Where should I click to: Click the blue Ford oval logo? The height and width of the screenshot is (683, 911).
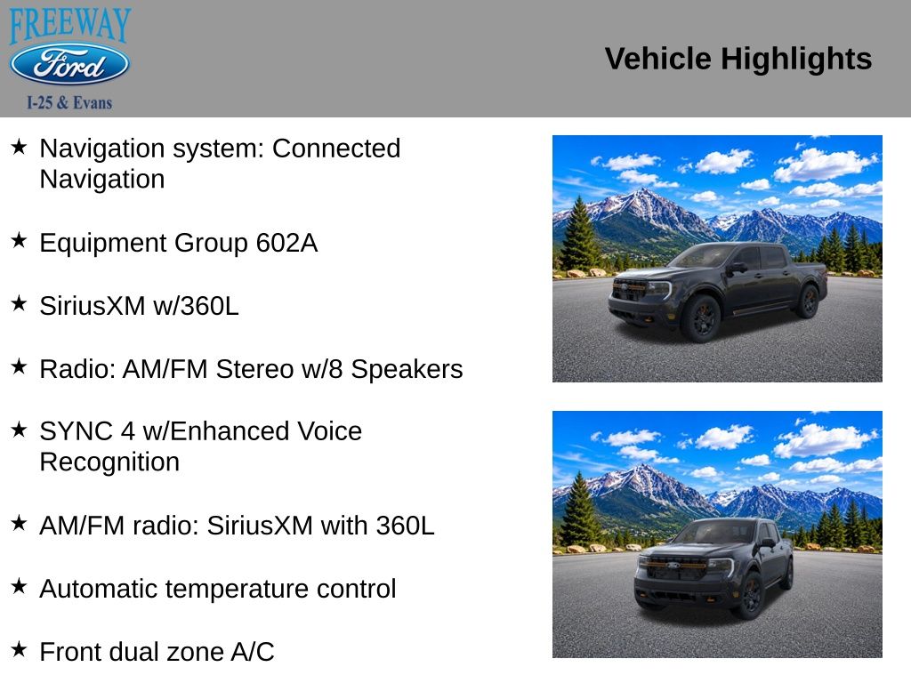pos(69,64)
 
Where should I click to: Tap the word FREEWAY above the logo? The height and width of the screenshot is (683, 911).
pos(69,25)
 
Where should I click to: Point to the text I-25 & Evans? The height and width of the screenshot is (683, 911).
pos(69,103)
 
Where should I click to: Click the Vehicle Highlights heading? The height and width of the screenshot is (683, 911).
pos(738,59)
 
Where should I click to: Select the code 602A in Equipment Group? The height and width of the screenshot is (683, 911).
pos(286,243)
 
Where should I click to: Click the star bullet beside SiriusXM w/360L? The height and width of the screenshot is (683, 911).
pos(19,303)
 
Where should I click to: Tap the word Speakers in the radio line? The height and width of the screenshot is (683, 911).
pos(407,370)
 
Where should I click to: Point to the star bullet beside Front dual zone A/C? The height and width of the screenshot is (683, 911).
pos(19,648)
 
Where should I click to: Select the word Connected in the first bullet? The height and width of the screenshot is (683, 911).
pos(336,149)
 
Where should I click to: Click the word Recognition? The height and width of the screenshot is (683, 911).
pos(109,462)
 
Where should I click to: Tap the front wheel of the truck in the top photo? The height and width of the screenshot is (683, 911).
pos(702,317)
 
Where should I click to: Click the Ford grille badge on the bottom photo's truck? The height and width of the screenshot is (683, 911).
pos(673,565)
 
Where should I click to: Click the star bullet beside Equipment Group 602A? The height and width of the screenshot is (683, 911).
pos(19,240)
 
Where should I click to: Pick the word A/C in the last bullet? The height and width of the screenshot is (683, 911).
pos(253,652)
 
